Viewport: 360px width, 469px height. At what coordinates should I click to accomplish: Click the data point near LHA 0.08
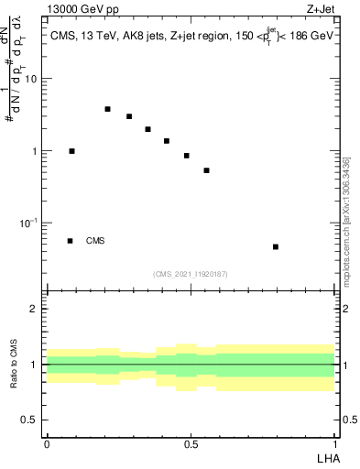tap(71, 151)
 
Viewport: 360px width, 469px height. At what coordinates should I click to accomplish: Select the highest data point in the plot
tap(107, 109)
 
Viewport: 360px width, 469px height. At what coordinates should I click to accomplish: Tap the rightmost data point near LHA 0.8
tap(276, 246)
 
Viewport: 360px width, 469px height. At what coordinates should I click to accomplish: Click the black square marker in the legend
tap(70, 241)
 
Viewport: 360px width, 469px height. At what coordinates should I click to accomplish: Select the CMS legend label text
tap(95, 241)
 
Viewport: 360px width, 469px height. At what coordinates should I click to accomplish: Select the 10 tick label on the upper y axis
tap(31, 79)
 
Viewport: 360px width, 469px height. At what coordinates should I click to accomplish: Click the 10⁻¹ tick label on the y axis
tap(29, 224)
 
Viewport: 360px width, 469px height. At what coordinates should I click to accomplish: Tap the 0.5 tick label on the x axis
tap(191, 443)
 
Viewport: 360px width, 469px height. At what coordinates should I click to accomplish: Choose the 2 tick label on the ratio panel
tap(35, 309)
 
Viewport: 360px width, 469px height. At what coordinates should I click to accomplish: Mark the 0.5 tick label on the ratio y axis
tap(30, 420)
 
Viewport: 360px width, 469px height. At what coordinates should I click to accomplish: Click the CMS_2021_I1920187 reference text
tap(191, 274)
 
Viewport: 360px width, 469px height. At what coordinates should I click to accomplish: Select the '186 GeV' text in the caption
tap(310, 37)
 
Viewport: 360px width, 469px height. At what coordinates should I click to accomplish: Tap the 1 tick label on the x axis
tap(334, 443)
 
